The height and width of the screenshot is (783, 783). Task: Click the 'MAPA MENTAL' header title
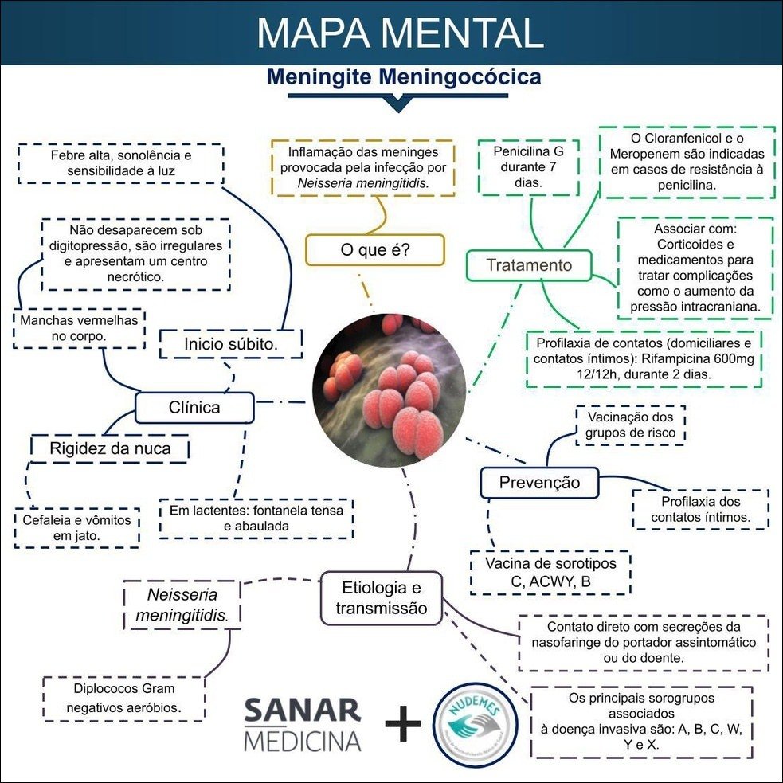(400, 33)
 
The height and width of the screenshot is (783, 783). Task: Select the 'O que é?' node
(374, 249)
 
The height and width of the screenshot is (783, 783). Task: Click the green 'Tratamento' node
(529, 265)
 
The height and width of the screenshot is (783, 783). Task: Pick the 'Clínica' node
(194, 408)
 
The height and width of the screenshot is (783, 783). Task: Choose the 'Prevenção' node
(539, 483)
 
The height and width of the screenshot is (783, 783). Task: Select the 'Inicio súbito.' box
(230, 345)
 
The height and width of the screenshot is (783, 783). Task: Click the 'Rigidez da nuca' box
(110, 448)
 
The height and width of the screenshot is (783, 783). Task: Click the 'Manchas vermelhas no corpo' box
(80, 328)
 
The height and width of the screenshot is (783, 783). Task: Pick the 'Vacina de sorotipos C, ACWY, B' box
(550, 573)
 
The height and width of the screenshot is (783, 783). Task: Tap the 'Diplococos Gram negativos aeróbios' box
(124, 699)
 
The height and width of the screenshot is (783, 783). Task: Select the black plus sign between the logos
(403, 723)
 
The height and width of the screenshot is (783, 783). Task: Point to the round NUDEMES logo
(473, 722)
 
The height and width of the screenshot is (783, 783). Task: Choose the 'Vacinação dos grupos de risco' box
(630, 425)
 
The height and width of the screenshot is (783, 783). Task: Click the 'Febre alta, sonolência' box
(120, 162)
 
